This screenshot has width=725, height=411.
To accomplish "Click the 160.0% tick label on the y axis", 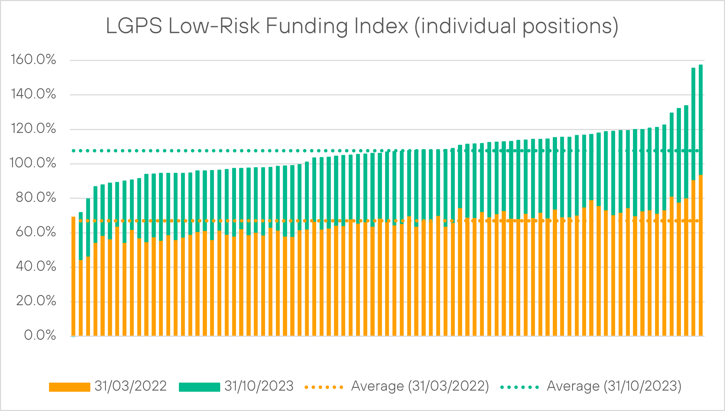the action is pos(33,60).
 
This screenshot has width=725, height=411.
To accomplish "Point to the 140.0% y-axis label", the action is pos(33,94).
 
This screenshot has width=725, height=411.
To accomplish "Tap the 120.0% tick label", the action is pos(33,129).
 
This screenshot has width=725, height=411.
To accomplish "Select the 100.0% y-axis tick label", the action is pos(33,163).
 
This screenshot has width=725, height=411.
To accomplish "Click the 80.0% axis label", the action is pos(36,198).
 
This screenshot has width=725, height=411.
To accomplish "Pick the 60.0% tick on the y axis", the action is pos(36,232).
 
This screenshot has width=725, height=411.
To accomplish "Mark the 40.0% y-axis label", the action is pos(36,267).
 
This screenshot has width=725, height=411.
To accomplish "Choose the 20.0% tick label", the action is pos(36,301).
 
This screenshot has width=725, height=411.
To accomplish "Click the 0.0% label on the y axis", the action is pos(40,335).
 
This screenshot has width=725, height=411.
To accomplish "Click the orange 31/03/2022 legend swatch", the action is pos(70,387).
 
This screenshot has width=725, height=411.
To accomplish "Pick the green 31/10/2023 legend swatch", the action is pos(200,387).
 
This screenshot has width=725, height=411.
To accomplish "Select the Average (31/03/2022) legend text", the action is pos(420,386).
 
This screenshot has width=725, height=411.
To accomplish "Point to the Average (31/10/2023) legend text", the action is pos(614,386).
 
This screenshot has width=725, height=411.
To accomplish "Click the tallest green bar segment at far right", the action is pos(700,120).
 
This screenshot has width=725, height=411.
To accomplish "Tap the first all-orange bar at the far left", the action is pos(74,276).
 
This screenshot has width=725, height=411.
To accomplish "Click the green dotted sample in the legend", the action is pos(520,387).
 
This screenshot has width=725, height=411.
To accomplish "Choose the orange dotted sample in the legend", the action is pos(324,387).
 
